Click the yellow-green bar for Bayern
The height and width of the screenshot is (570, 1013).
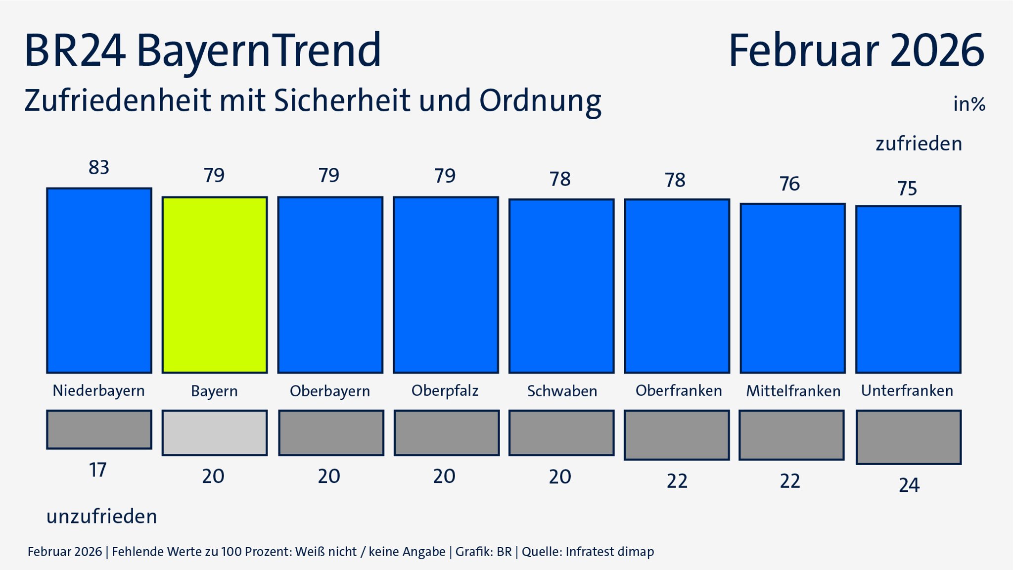215,285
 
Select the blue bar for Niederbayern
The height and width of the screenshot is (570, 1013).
99,281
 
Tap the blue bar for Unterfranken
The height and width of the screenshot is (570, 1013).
908,289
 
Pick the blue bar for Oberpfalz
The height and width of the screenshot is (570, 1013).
446,285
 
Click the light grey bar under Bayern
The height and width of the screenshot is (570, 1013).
215,433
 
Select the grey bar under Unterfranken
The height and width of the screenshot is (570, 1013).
908,437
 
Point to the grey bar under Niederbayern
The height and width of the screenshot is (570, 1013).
99,429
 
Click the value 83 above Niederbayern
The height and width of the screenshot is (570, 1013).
99,168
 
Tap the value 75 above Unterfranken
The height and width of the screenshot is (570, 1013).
907,189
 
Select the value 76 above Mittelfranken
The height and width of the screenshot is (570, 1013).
789,184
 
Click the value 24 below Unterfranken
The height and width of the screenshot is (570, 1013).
909,485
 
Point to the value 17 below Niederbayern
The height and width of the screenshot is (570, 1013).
98,470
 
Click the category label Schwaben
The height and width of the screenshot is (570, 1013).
562,391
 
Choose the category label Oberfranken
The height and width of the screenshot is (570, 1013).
679,391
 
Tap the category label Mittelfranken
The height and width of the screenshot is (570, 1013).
793,391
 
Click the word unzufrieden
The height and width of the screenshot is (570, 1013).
102,517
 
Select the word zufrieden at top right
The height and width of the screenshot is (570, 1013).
919,144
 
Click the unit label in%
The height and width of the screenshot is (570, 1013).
969,104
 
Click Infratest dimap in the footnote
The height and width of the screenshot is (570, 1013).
609,552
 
